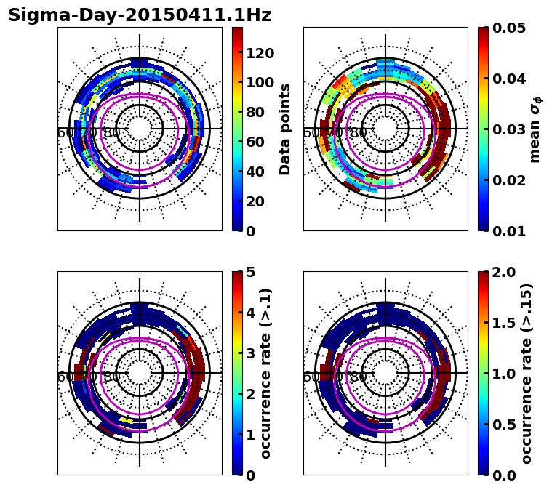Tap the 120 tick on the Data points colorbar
(260, 52)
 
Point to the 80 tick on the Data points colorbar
(255, 112)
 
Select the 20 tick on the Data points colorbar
(255, 201)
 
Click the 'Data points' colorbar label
(285, 129)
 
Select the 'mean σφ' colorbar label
(535, 129)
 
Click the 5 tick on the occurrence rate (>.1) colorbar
(251, 272)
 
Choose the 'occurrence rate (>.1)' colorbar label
(266, 374)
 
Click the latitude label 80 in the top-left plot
(111, 133)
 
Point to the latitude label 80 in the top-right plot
(357, 133)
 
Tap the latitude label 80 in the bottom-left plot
(111, 377)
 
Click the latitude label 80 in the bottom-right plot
(357, 377)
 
